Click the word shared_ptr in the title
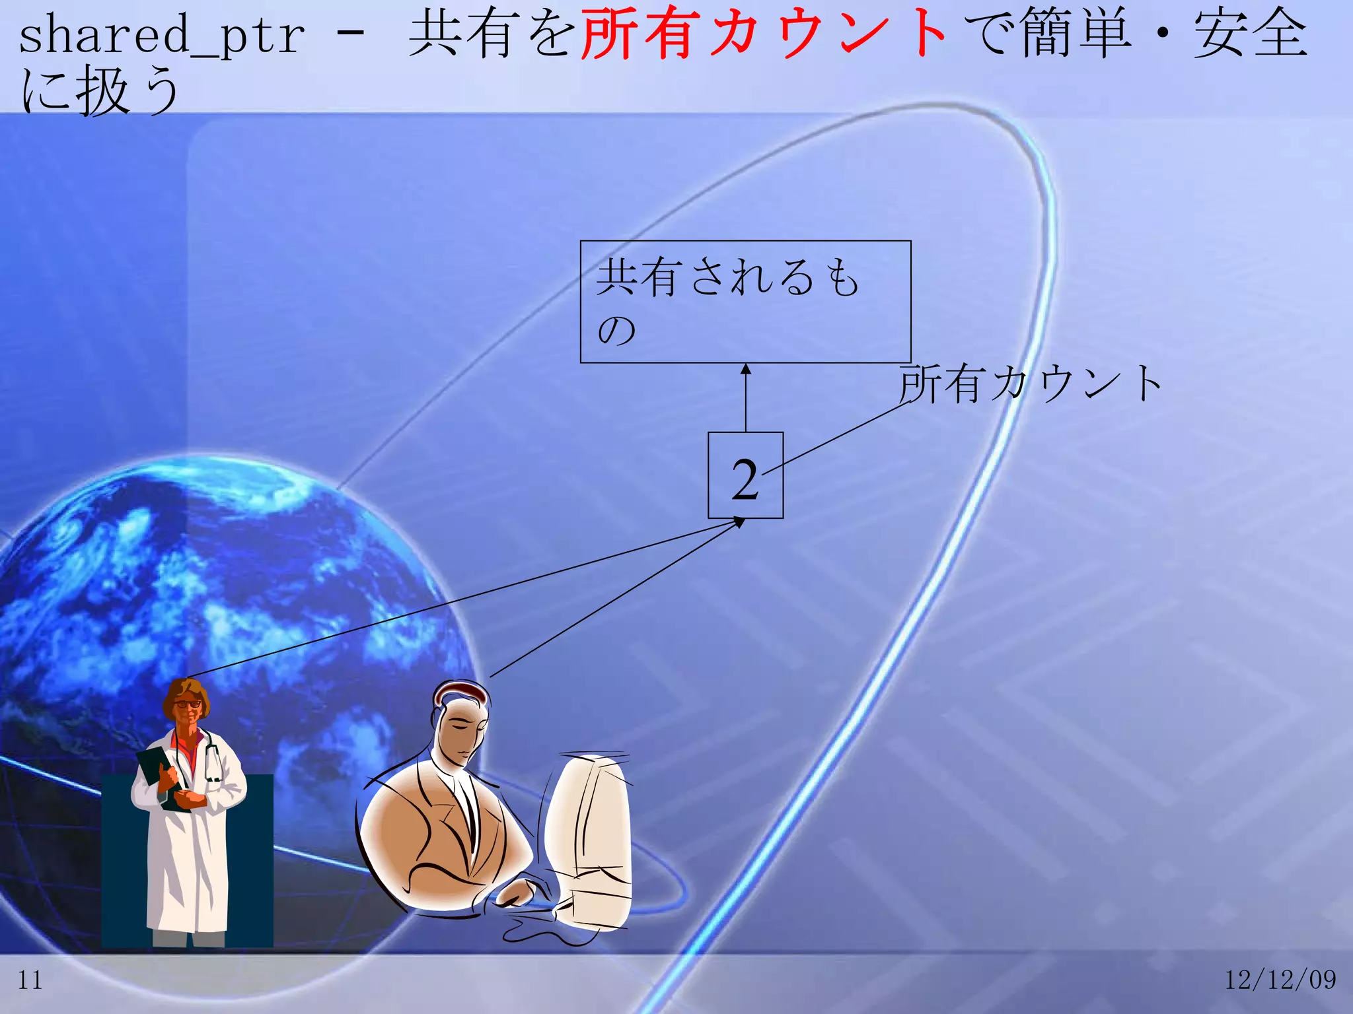[x=162, y=36]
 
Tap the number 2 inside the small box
[x=745, y=478]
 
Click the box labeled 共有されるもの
[x=745, y=302]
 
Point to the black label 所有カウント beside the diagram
[x=1031, y=384]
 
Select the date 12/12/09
[x=1280, y=980]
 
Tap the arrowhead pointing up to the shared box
[x=746, y=369]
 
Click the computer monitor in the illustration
[x=588, y=838]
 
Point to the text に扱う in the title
[x=99, y=91]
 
